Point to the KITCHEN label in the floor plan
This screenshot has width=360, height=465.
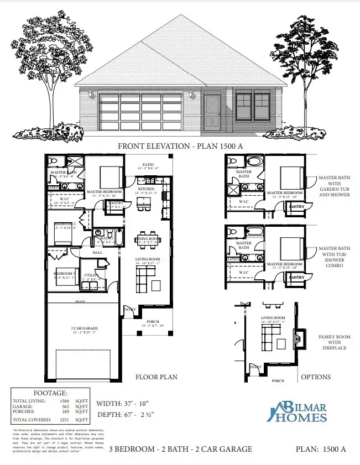pos(147,189)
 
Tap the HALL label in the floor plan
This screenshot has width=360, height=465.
pos(97,252)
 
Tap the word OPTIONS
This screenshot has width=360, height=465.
pos(316,377)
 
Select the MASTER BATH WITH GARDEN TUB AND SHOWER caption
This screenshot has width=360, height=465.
pos(335,186)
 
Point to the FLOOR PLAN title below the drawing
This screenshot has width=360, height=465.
pos(156,377)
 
